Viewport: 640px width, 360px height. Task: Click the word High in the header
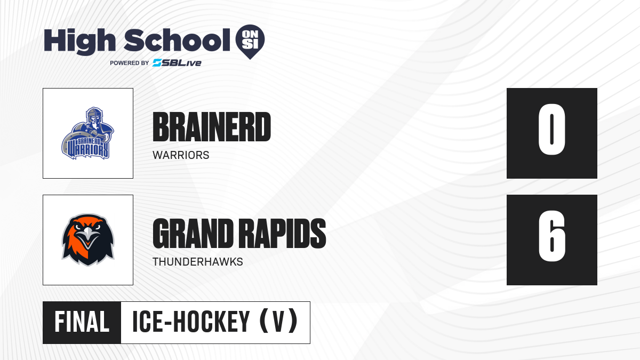tap(79, 42)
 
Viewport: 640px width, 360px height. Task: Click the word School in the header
tap(177, 40)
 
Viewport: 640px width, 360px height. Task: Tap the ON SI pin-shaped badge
tap(250, 42)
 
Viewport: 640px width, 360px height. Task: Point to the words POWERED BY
tap(130, 63)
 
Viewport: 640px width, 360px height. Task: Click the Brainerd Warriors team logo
tap(87, 133)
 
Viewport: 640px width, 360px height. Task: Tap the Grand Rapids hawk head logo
tap(88, 240)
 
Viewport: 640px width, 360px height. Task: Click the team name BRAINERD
tap(212, 127)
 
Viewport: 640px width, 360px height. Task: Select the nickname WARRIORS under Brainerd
tap(181, 155)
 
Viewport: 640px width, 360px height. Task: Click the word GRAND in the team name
tap(193, 234)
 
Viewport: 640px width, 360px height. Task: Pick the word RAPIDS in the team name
tap(282, 234)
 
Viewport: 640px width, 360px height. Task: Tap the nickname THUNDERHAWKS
tap(198, 262)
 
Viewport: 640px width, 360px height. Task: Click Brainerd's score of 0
tap(551, 130)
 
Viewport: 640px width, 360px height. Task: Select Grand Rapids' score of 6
tap(551, 236)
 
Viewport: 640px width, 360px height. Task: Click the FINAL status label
tap(82, 322)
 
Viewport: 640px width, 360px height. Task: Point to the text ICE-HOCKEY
tap(191, 322)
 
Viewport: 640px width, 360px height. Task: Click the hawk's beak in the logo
tap(89, 237)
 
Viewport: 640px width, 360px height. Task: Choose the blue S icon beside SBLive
tap(157, 63)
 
